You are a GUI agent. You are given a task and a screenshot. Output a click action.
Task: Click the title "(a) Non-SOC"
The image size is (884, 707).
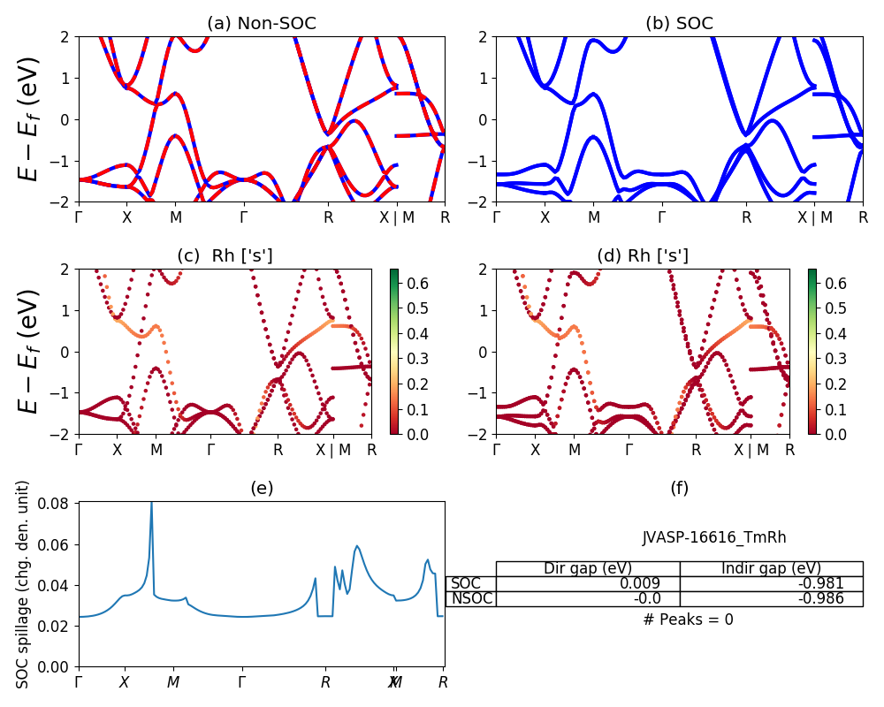pyautogui.click(x=261, y=24)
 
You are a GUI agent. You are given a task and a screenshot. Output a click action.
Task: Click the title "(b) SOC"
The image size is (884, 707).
pyautogui.click(x=679, y=24)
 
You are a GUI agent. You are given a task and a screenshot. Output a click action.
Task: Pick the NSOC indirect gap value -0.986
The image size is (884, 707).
pyautogui.click(x=821, y=598)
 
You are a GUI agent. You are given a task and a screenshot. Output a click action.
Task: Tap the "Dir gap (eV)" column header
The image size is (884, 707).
pyautogui.click(x=588, y=568)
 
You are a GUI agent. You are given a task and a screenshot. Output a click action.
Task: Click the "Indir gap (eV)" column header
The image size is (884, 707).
pyautogui.click(x=771, y=568)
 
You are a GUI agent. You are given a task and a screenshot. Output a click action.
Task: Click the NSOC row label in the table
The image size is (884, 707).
pyautogui.click(x=471, y=598)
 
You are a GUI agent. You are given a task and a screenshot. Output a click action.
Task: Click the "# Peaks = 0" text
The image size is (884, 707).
pyautogui.click(x=688, y=620)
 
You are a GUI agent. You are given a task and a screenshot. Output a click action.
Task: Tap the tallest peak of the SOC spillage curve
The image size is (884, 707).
pyautogui.click(x=151, y=503)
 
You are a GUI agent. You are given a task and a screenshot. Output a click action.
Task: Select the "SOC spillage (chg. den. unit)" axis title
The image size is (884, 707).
pyautogui.click(x=24, y=584)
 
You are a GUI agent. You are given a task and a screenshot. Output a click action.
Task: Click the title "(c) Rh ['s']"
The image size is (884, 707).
pyautogui.click(x=225, y=256)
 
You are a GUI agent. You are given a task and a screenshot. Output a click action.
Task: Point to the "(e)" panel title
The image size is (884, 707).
pyautogui.click(x=262, y=488)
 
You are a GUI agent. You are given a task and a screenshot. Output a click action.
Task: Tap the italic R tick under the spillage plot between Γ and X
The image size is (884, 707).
pyautogui.click(x=325, y=682)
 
